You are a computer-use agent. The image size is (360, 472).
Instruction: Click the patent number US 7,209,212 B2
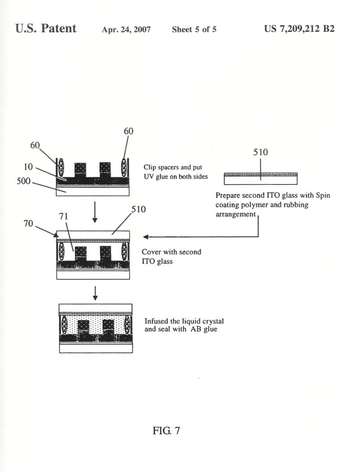click(x=299, y=29)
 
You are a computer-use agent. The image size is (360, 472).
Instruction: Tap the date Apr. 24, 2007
click(x=126, y=30)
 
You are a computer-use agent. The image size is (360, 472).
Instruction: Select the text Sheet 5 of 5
click(x=194, y=29)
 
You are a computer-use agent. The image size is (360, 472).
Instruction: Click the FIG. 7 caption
click(x=166, y=431)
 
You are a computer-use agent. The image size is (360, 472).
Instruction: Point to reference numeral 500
click(x=23, y=181)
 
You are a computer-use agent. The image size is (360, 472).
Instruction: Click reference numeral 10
click(x=28, y=166)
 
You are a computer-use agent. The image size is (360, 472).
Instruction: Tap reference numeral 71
click(x=63, y=216)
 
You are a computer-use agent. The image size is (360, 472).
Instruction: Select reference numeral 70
click(x=28, y=224)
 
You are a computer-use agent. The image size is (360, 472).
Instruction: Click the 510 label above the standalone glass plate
click(x=261, y=152)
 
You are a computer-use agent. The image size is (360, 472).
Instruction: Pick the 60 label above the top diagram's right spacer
click(x=129, y=131)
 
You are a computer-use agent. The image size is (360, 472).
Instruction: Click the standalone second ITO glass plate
click(x=261, y=179)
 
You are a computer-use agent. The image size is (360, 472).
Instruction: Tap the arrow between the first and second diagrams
click(x=95, y=212)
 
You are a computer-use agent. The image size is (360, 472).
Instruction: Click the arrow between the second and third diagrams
click(x=95, y=293)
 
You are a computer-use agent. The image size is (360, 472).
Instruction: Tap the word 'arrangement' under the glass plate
click(x=235, y=214)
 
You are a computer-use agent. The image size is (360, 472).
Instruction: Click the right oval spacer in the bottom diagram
click(x=128, y=324)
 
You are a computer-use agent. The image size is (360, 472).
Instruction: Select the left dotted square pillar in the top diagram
click(x=80, y=170)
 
